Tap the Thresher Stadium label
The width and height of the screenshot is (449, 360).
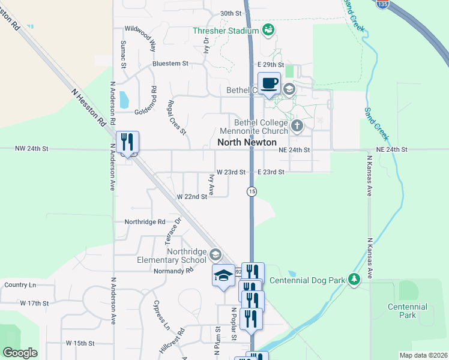coord(226,31)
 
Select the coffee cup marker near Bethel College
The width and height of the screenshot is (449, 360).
coord(269,83)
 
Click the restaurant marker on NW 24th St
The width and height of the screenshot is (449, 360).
coord(127,142)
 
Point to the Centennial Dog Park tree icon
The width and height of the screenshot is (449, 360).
coord(354,279)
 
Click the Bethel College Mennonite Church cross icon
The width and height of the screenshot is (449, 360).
coord(297,126)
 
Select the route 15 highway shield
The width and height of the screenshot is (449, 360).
coord(252,191)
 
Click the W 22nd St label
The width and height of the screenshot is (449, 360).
coord(191,197)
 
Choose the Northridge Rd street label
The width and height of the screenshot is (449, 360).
coord(145,221)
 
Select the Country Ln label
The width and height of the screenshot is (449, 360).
coord(20,284)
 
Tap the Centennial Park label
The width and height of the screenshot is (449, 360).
coord(408,311)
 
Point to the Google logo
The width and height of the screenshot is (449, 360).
coord(20,353)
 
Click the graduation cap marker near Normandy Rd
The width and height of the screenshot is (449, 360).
coord(223,275)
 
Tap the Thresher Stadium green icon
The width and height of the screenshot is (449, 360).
coord(268,29)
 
